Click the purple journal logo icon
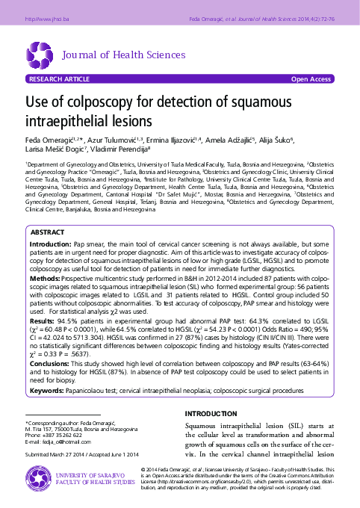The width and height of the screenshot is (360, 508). click(39, 55)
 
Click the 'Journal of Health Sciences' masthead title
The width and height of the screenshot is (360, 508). click(122, 55)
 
